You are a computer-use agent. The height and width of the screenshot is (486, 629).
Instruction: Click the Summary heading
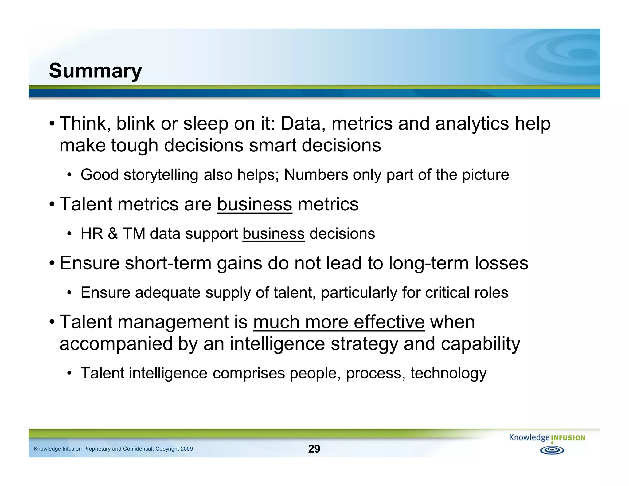click(x=95, y=71)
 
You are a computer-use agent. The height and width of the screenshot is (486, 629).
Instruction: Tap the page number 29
click(x=314, y=449)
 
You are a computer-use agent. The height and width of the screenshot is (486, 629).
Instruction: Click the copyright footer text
click(x=113, y=449)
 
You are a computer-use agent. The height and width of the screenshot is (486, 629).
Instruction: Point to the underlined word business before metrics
click(x=254, y=204)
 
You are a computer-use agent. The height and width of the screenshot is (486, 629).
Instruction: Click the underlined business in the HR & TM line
click(x=273, y=234)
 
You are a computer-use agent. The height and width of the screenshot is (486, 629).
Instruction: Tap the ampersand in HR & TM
click(x=113, y=234)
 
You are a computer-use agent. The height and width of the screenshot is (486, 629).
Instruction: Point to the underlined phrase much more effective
click(x=339, y=322)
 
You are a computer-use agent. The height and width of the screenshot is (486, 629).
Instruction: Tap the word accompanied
click(x=115, y=344)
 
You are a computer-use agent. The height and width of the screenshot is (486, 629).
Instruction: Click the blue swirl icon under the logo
click(x=552, y=450)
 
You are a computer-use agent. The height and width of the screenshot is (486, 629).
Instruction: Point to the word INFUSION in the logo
click(x=568, y=438)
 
